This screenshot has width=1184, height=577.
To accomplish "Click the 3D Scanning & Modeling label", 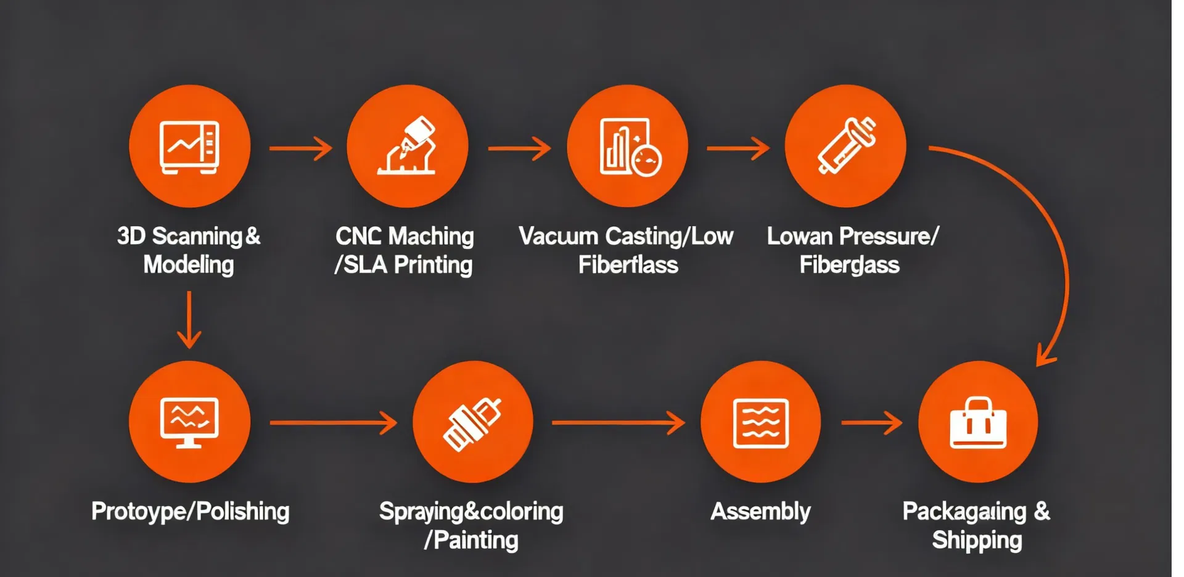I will pyautogui.click(x=189, y=250).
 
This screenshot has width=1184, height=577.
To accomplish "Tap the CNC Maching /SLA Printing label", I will pyautogui.click(x=404, y=250).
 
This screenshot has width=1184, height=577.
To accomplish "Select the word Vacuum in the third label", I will pyautogui.click(x=559, y=237).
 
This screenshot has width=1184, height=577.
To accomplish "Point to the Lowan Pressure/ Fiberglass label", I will pyautogui.click(x=852, y=250).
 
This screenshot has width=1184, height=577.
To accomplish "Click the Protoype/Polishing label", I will pyautogui.click(x=190, y=512).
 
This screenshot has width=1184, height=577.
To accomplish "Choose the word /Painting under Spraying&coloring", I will pyautogui.click(x=471, y=541).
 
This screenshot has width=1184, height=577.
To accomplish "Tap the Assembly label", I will pyautogui.click(x=760, y=512).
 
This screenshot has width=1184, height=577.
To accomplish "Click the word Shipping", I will pyautogui.click(x=977, y=541).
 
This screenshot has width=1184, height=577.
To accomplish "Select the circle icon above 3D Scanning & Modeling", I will pyautogui.click(x=189, y=147).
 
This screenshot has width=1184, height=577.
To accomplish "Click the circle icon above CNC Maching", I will pyautogui.click(x=407, y=147).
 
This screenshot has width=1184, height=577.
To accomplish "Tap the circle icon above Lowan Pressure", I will pyautogui.click(x=845, y=147).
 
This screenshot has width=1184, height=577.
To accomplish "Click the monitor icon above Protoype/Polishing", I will pyautogui.click(x=189, y=422).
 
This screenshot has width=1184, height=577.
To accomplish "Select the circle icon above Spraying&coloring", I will pyautogui.click(x=472, y=422).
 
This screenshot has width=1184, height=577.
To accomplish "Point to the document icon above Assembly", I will pyautogui.click(x=760, y=423).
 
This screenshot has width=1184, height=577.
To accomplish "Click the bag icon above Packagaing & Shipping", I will pyautogui.click(x=978, y=423).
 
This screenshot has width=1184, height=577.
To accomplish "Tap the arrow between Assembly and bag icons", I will pyautogui.click(x=871, y=423).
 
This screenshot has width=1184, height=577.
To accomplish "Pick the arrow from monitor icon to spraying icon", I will pyautogui.click(x=333, y=423).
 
